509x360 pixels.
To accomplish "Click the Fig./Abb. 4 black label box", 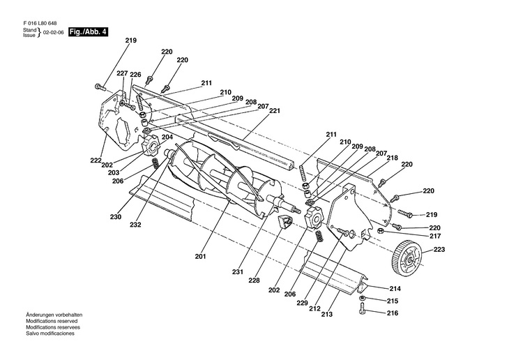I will coord(89,33).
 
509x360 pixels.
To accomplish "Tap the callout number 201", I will coord(200,257).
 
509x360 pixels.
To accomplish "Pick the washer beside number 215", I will coord(364,300).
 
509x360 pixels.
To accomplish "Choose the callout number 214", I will coord(395,287).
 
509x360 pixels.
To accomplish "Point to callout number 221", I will coord(274,111).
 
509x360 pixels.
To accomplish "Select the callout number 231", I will coord(239,272).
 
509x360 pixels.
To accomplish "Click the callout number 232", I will coord(135,224).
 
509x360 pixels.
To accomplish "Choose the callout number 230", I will coord(115,216).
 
